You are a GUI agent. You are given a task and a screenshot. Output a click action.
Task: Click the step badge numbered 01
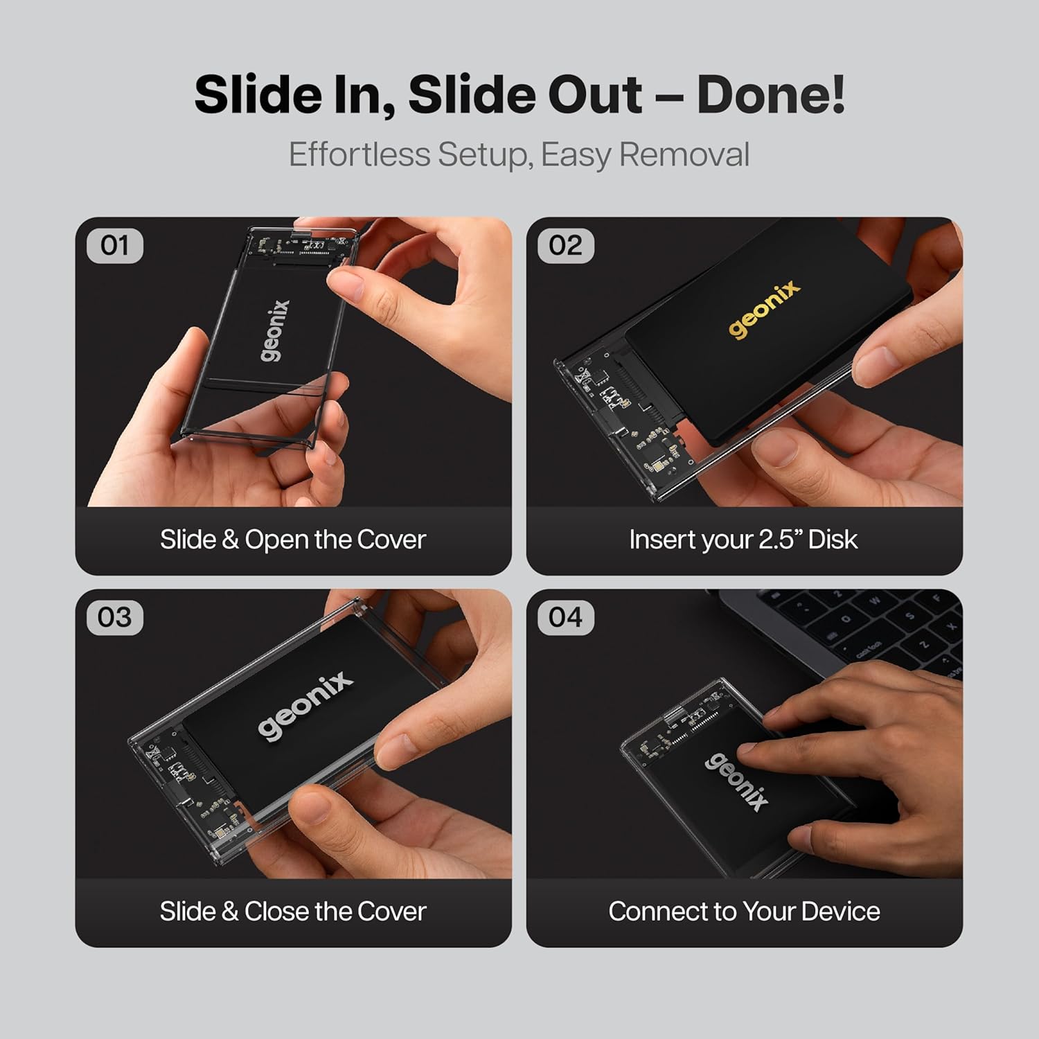point(115,246)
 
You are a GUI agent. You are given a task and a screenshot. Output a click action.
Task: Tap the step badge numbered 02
point(566,246)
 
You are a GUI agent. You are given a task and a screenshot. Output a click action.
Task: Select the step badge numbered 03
point(115,617)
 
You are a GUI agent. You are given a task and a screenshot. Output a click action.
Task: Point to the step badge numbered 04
point(566,617)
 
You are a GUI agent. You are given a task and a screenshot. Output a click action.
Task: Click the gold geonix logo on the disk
point(765,309)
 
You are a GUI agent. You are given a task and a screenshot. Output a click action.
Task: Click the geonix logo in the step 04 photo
point(736,781)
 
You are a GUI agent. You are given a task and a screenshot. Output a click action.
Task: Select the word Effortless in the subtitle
point(359,154)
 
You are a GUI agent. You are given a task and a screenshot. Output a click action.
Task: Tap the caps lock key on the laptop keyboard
point(868,650)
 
